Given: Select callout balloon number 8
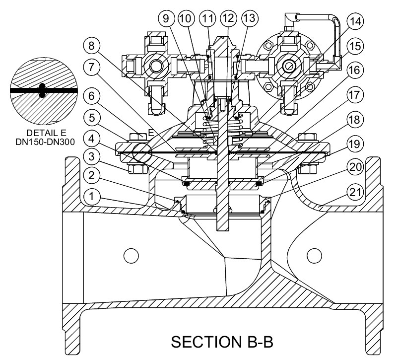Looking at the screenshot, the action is (92, 46).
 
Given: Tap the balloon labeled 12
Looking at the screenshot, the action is (229, 18).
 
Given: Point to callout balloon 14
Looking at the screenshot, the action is (355, 21).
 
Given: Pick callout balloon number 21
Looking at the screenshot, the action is (355, 192).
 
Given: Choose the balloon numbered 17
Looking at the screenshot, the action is (355, 94).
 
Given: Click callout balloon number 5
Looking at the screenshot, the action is (92, 118).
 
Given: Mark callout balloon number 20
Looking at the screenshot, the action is (355, 167).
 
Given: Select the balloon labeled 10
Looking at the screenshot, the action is (187, 18).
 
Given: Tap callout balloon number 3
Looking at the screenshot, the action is (92, 156).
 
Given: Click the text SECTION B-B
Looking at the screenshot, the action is (222, 342).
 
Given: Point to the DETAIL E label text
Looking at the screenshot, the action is (46, 133).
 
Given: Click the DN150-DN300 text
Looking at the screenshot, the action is (45, 142).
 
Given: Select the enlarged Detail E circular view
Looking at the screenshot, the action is (43, 91).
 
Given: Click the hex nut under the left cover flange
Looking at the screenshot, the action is (137, 169).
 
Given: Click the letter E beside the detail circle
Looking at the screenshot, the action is (151, 133).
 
